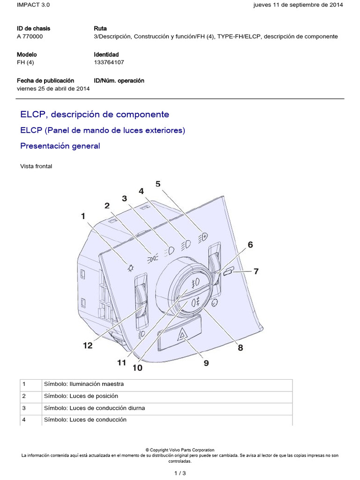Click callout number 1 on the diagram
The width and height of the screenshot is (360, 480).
(83, 216)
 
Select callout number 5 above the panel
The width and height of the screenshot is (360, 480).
(158, 184)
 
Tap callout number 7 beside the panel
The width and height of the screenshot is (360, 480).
(256, 271)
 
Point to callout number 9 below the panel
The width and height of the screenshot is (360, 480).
(206, 362)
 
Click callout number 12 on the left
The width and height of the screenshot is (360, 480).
(88, 345)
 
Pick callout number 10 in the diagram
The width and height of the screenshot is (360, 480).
(137, 368)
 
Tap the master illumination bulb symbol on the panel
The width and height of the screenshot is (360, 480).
(130, 268)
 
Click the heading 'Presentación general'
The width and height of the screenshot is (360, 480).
(60, 146)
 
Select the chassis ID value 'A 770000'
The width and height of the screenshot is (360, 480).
(31, 36)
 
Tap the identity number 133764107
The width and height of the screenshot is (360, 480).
(109, 62)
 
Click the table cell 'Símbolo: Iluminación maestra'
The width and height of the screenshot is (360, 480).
(83, 384)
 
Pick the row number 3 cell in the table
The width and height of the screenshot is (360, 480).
(24, 408)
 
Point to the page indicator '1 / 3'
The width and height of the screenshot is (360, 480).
(180, 473)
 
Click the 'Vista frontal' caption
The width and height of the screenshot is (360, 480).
(36, 166)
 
